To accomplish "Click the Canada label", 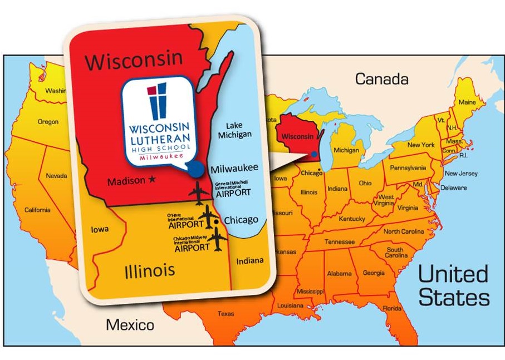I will (x=381, y=79).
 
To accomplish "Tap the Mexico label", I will (x=130, y=324).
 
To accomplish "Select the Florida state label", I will (x=392, y=308).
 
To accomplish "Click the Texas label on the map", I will (x=225, y=314).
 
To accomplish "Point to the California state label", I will (x=37, y=210).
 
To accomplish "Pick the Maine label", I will (x=467, y=102).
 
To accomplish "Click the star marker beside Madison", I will (x=151, y=180).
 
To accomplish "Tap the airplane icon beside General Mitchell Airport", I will (x=199, y=193).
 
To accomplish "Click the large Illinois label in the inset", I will (x=149, y=271).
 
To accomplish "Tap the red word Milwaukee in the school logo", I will (x=156, y=157).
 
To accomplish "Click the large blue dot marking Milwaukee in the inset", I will (x=195, y=169).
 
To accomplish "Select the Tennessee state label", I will (x=340, y=242).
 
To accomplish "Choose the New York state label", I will (x=421, y=145).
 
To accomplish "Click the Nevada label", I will (x=56, y=176).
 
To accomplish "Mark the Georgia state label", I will (x=373, y=273).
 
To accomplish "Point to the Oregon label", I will (x=48, y=122).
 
